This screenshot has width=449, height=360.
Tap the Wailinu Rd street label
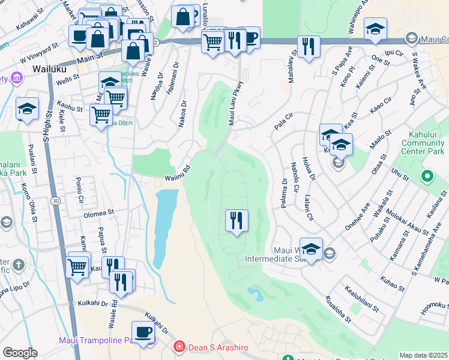pos(178,173)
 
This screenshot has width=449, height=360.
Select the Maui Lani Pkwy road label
pos(235,103)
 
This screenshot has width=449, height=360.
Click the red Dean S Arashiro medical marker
pos(178,347)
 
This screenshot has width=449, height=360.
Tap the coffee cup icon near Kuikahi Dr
pos(143,332)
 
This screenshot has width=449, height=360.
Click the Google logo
pos(20,353)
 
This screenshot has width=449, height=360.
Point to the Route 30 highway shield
pos(55,200)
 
